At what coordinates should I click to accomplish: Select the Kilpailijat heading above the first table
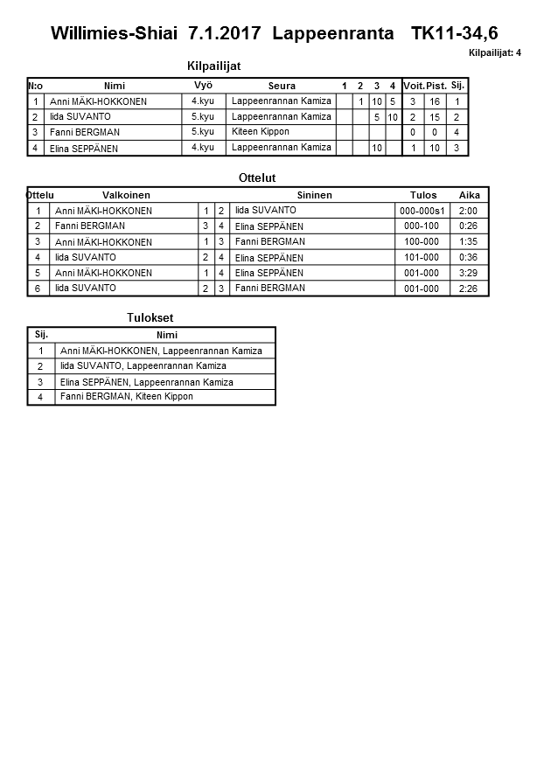click(214, 66)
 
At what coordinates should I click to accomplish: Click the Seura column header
click(282, 86)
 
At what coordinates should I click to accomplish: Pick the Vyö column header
click(203, 86)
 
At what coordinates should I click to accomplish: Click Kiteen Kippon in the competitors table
click(261, 132)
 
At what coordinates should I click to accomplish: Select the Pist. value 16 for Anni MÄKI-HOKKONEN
click(435, 101)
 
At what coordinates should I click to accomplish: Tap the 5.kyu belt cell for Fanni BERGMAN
click(203, 132)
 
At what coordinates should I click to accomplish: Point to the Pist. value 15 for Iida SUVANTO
click(435, 117)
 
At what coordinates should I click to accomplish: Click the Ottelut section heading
click(257, 178)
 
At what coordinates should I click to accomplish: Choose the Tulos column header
click(423, 195)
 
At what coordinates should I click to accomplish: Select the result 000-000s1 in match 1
click(422, 211)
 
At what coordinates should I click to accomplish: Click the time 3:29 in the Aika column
click(469, 273)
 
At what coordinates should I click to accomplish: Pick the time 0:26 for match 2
click(469, 226)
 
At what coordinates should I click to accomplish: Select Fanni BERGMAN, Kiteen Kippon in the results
click(126, 397)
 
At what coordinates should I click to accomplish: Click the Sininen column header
click(314, 195)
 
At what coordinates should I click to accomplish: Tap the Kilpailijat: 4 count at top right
click(495, 53)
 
